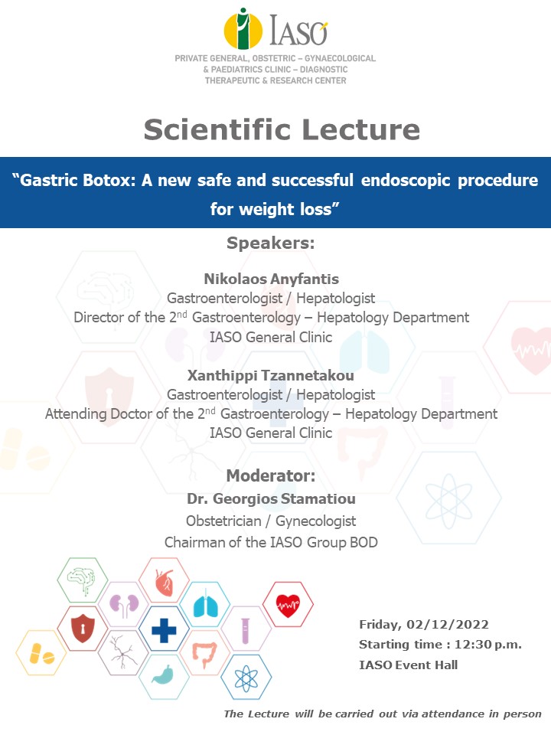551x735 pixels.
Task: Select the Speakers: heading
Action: pyautogui.click(x=271, y=243)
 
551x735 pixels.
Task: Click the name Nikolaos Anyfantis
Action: pyautogui.click(x=271, y=279)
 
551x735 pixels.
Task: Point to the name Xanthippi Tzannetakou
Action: pyautogui.click(x=271, y=375)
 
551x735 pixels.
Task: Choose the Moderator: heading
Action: pyautogui.click(x=271, y=475)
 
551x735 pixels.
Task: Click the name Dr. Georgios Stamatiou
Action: pyautogui.click(x=271, y=498)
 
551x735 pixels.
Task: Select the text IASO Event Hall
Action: pyautogui.click(x=408, y=665)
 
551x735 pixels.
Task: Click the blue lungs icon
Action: pyautogui.click(x=205, y=606)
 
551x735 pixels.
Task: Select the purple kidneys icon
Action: pyautogui.click(x=122, y=605)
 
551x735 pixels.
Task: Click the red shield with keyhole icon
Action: pyautogui.click(x=82, y=629)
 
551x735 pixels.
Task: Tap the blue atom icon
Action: pyautogui.click(x=246, y=678)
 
